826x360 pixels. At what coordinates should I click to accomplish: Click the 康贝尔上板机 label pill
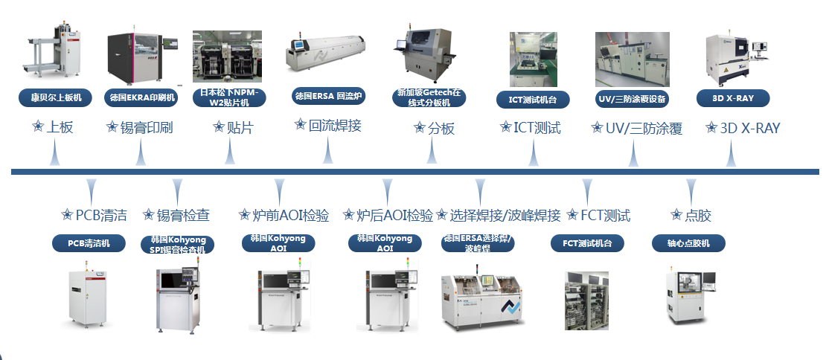coord(55,97)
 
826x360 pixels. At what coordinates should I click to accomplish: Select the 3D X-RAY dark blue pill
coord(732,98)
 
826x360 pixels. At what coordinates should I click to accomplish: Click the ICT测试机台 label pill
coord(533,99)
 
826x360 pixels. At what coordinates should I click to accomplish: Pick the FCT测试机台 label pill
coord(587,242)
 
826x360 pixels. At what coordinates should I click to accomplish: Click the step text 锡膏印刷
coord(147,128)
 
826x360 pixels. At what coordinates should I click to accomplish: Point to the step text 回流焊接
coord(335,125)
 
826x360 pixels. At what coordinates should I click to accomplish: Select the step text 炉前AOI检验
coord(290,216)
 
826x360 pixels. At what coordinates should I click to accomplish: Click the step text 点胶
coord(697,216)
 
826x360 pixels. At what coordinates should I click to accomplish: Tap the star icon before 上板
coord(38,127)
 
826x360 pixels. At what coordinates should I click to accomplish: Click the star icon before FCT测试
coord(572,215)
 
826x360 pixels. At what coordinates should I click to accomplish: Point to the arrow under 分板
coord(431,153)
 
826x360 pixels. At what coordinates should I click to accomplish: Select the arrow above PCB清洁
coord(92,189)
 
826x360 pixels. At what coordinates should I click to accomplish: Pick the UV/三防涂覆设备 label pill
coord(633,99)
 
